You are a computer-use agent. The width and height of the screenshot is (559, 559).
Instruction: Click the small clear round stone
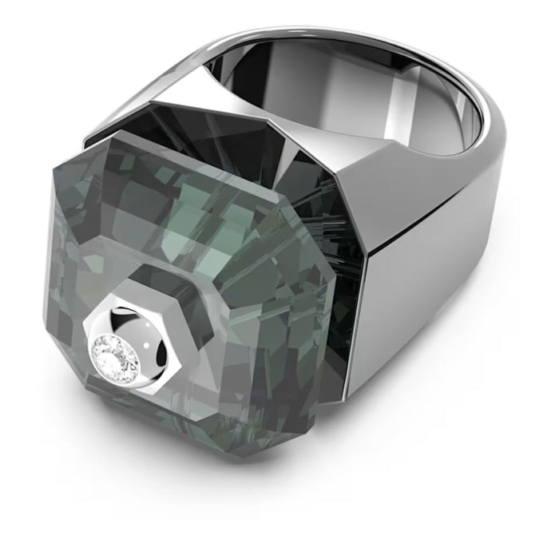(128, 349)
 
